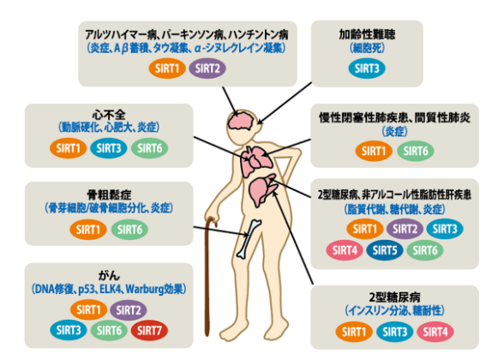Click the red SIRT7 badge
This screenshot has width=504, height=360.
tap(149, 330)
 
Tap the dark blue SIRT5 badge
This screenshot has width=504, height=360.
tap(384, 250)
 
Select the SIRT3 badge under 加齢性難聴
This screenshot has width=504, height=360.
tap(367, 69)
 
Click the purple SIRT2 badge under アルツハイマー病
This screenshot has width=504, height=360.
tap(207, 69)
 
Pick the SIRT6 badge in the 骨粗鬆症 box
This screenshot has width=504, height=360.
tap(129, 230)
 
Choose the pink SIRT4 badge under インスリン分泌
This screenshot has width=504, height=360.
tap(435, 332)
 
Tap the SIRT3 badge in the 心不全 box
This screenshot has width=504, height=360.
tap(109, 148)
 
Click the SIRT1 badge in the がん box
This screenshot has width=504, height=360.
tap(88, 309)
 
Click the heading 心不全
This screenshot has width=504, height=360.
tap(109, 115)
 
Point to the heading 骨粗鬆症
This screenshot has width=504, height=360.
tap(109, 195)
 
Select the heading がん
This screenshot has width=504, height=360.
tap(109, 275)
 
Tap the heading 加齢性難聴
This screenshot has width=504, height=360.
tap(367, 34)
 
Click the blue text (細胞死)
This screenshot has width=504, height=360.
tap(367, 48)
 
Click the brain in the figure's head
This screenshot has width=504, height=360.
tap(241, 122)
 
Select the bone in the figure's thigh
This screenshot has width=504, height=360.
tap(249, 238)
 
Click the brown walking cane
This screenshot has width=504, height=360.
tap(209, 276)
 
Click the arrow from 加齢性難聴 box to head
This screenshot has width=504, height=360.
tap(285, 103)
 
